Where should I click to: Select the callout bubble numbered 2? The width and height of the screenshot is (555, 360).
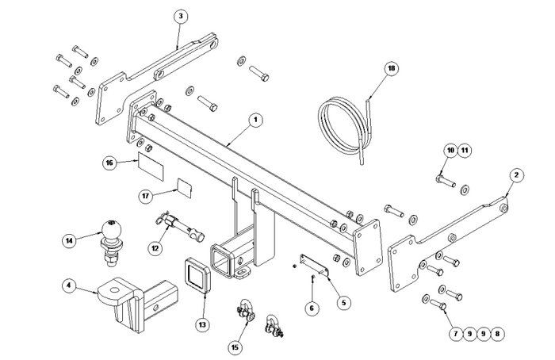pos(515,174)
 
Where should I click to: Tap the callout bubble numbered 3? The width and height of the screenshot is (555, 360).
pos(182,16)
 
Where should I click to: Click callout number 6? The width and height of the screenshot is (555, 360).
pos(312,308)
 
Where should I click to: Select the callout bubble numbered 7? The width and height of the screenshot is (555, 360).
pos(456,334)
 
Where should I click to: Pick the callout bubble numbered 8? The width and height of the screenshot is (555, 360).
pos(496,334)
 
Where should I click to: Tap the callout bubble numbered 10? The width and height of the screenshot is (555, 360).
pos(450,149)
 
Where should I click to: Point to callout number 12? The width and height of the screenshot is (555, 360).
pos(155,248)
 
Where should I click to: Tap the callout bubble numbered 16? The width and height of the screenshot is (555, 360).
pos(109,163)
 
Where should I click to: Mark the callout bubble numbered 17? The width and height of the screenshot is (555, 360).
pos(145,195)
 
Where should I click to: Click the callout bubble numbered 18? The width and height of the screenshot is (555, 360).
pos(391,68)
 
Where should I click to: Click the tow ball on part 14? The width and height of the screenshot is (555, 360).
pos(109,228)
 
